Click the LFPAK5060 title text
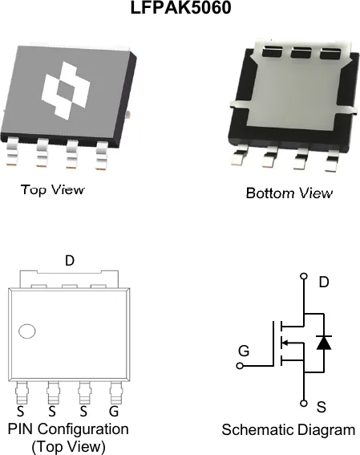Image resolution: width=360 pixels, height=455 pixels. pyautogui.click(x=181, y=7)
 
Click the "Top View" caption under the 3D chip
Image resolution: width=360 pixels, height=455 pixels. pyautogui.click(x=53, y=189)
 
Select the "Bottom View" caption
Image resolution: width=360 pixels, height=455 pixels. pyautogui.click(x=289, y=193)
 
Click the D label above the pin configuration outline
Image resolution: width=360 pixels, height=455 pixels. pyautogui.click(x=70, y=261)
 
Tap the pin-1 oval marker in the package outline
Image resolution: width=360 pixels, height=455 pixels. pyautogui.click(x=27, y=331)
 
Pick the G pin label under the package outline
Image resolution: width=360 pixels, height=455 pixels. pyautogui.click(x=114, y=411)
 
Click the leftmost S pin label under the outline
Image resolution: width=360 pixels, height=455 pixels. pyautogui.click(x=20, y=411)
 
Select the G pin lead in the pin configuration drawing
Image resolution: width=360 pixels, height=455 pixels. pyautogui.click(x=116, y=392)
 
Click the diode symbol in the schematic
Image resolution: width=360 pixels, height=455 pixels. pyautogui.click(x=324, y=343)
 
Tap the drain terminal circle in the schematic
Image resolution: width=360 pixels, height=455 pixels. pyautogui.click(x=304, y=276)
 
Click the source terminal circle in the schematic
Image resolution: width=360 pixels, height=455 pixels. pyautogui.click(x=304, y=404)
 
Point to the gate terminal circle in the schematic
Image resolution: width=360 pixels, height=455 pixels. pyautogui.click(x=240, y=366)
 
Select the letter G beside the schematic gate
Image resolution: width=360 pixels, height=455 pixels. pyautogui.click(x=244, y=351)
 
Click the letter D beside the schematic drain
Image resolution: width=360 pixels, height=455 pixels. pyautogui.click(x=324, y=282)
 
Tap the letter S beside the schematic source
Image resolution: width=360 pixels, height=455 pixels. pyautogui.click(x=322, y=407)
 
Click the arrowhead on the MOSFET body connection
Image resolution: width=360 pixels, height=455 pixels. pyautogui.click(x=285, y=343)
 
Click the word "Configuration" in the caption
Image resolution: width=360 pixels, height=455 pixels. pyautogui.click(x=83, y=429)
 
